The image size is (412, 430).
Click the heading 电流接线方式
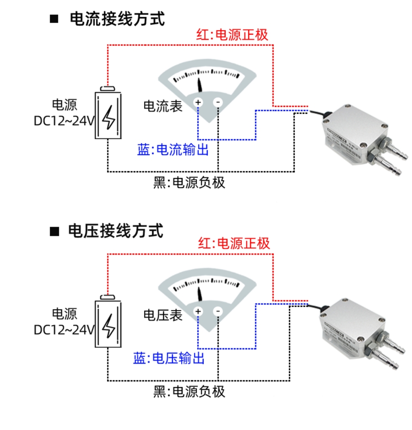(x=117, y=19)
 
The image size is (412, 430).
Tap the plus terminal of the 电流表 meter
(x=198, y=102)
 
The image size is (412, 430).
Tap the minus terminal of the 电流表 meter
(x=218, y=102)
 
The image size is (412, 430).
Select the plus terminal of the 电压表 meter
(x=198, y=312)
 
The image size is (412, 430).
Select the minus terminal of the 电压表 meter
(x=218, y=312)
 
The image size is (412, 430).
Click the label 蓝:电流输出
(x=173, y=150)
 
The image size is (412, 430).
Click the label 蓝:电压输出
(x=168, y=358)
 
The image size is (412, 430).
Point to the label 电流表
(x=163, y=106)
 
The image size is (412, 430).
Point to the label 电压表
(x=163, y=315)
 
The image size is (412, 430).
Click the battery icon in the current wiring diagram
(x=108, y=114)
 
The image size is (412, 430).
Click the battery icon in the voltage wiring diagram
(x=108, y=324)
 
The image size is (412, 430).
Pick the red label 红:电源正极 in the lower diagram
(x=234, y=243)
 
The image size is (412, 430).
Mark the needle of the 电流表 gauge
(x=200, y=84)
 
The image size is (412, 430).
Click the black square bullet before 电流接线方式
(x=54, y=19)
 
